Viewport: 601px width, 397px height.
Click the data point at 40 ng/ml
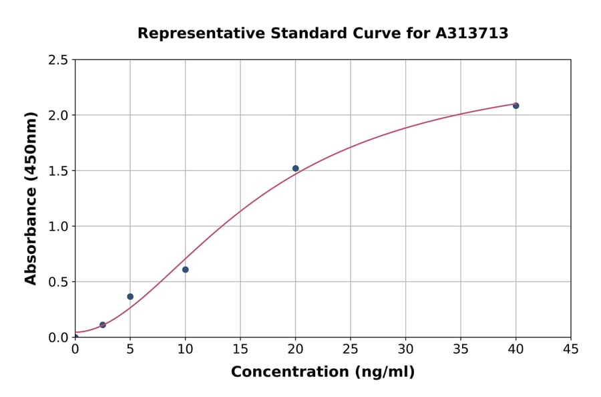click(x=516, y=106)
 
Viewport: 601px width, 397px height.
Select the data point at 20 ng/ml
click(x=295, y=168)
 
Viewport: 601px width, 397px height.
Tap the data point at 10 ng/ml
click(x=185, y=269)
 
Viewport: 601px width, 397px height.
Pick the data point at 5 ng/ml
click(x=130, y=297)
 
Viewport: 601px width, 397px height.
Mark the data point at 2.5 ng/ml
click(x=103, y=325)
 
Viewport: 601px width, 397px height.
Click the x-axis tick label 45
click(x=571, y=349)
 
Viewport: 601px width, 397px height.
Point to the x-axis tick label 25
click(x=351, y=349)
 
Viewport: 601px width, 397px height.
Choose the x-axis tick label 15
click(x=240, y=349)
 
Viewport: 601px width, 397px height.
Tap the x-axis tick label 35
click(x=461, y=349)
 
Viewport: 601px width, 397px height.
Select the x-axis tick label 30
click(x=405, y=349)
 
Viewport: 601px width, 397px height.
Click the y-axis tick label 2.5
click(x=59, y=60)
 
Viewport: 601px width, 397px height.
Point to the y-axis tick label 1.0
click(x=59, y=227)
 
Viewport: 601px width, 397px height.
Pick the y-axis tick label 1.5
click(x=59, y=171)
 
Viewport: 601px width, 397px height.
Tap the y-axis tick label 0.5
click(x=59, y=282)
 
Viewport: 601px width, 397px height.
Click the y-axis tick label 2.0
click(x=59, y=116)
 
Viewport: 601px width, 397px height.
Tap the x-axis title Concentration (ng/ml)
click(x=323, y=372)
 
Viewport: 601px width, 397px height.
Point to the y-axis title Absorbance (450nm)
click(x=31, y=198)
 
